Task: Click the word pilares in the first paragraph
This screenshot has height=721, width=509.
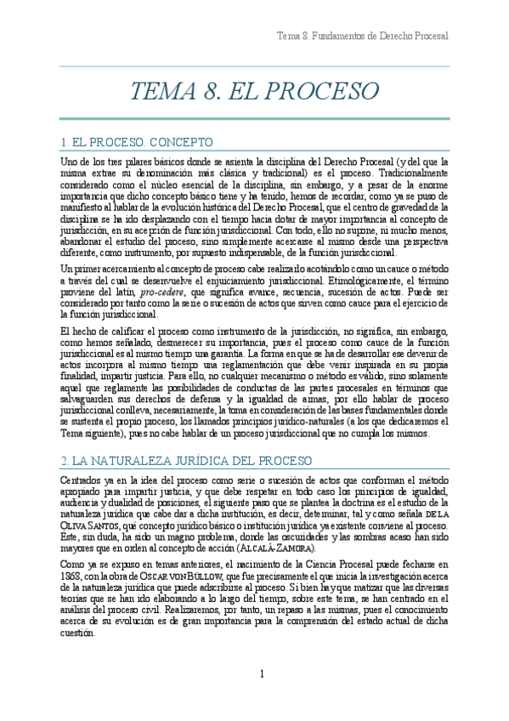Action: point(132,160)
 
